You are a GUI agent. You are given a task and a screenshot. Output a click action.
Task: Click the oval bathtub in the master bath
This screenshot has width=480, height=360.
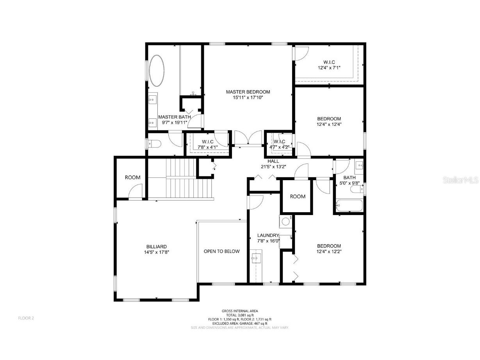pyautogui.click(x=157, y=71)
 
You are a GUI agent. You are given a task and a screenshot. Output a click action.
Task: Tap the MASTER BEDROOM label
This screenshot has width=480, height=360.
pyautogui.click(x=248, y=92)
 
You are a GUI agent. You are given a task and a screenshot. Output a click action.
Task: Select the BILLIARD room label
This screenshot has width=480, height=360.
pyautogui.click(x=157, y=247)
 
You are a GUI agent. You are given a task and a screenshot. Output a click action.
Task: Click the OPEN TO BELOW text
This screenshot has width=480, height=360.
pyautogui.click(x=221, y=251)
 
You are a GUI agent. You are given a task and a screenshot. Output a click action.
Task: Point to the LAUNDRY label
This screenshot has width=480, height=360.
pyautogui.click(x=268, y=235)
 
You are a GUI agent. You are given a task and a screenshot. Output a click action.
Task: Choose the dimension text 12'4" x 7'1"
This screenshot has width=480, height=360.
pyautogui.click(x=329, y=68)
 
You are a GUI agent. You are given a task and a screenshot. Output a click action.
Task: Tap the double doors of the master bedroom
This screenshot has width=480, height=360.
pyautogui.click(x=248, y=139)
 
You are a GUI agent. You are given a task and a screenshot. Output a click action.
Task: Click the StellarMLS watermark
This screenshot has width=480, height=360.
pyautogui.click(x=462, y=180)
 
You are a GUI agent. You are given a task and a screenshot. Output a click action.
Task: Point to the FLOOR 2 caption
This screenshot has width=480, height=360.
pyautogui.click(x=26, y=318)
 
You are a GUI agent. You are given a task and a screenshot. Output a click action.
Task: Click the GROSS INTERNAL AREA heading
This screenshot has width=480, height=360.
pyautogui.click(x=240, y=311)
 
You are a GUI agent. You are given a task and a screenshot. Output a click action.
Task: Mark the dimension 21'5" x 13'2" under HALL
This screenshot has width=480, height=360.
pyautogui.click(x=273, y=167)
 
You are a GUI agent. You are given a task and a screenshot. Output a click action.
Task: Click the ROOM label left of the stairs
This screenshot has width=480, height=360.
pyautogui.click(x=132, y=177)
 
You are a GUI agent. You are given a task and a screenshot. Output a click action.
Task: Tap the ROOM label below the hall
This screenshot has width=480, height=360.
pyautogui.click(x=298, y=197)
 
